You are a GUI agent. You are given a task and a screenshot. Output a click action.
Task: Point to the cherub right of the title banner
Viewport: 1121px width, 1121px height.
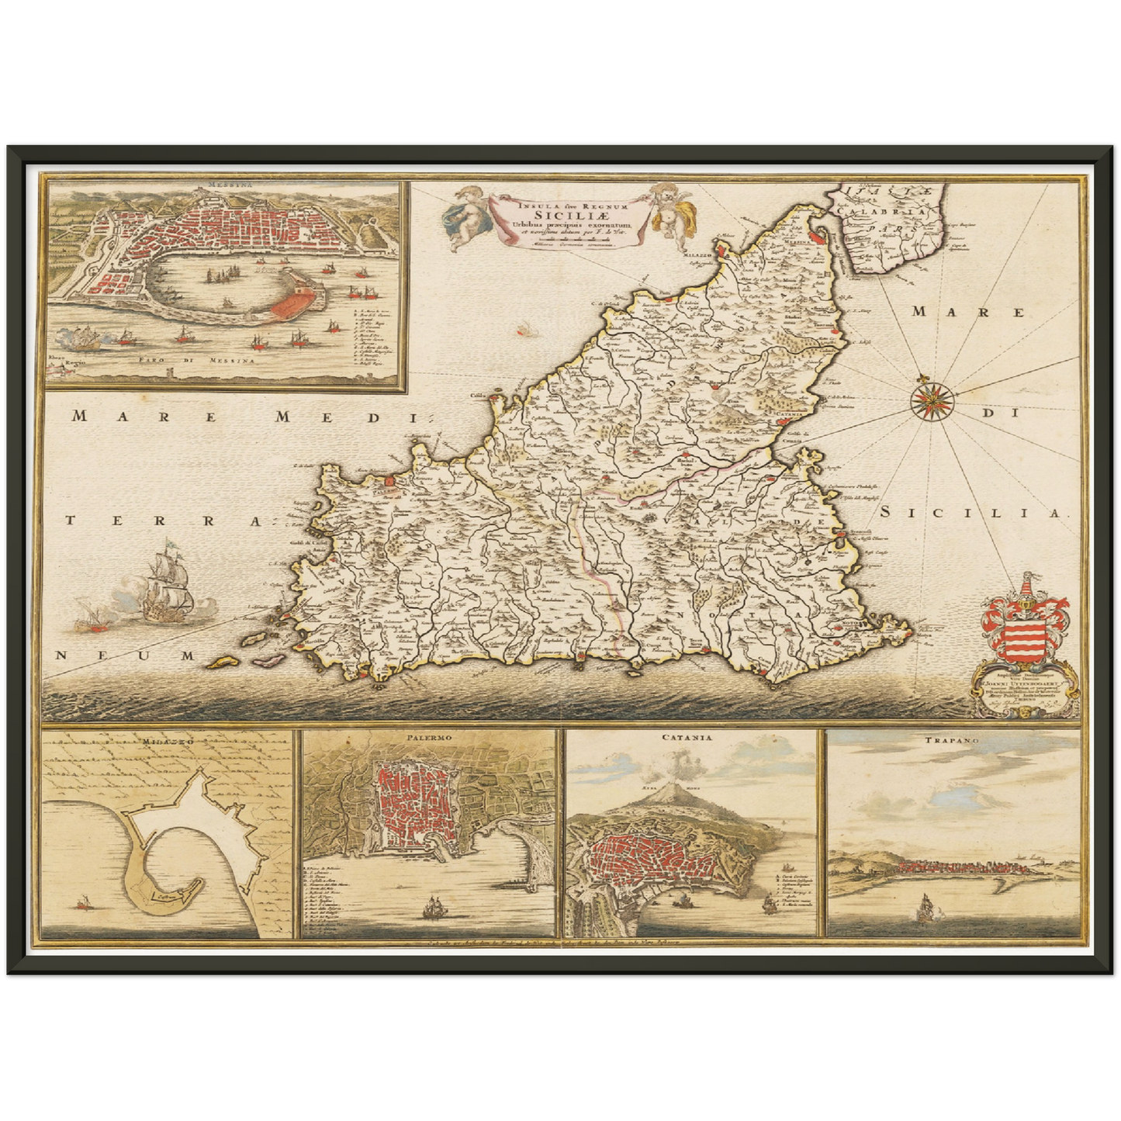pos(666,208)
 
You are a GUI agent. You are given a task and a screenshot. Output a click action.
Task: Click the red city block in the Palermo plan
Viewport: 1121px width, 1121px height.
pos(407,807)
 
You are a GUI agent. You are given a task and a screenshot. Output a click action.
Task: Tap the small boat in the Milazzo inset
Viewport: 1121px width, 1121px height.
pos(83,901)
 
